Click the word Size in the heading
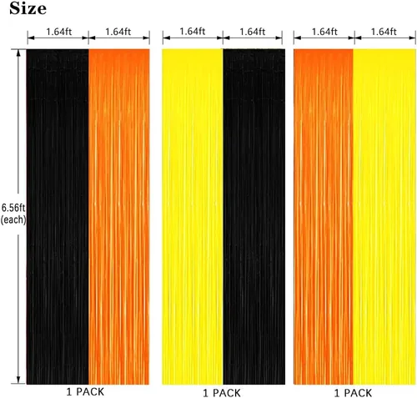pyautogui.click(x=28, y=8)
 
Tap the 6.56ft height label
pyautogui.click(x=13, y=208)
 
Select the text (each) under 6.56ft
pyautogui.click(x=13, y=220)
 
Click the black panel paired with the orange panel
pyautogui.click(x=58, y=217)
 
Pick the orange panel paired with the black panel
pyautogui.click(x=119, y=217)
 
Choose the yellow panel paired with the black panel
pyautogui.click(x=193, y=217)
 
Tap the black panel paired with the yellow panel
pyautogui.click(x=254, y=217)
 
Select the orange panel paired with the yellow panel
pyautogui.click(x=324, y=217)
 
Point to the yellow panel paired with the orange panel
pyautogui.click(x=384, y=217)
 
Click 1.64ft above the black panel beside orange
pyautogui.click(x=58, y=32)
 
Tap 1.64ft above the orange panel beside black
pyautogui.click(x=118, y=32)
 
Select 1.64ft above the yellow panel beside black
pyautogui.click(x=193, y=32)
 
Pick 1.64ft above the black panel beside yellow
pyautogui.click(x=253, y=32)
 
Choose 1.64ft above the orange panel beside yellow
pyautogui.click(x=324, y=32)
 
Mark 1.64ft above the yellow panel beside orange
pyautogui.click(x=384, y=32)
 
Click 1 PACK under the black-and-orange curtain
pyautogui.click(x=85, y=392)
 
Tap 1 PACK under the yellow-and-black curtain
pyautogui.click(x=222, y=393)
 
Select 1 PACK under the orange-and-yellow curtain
pyautogui.click(x=353, y=393)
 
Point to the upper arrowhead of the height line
pyautogui.click(x=18, y=53)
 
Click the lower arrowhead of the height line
pyautogui.click(x=18, y=380)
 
